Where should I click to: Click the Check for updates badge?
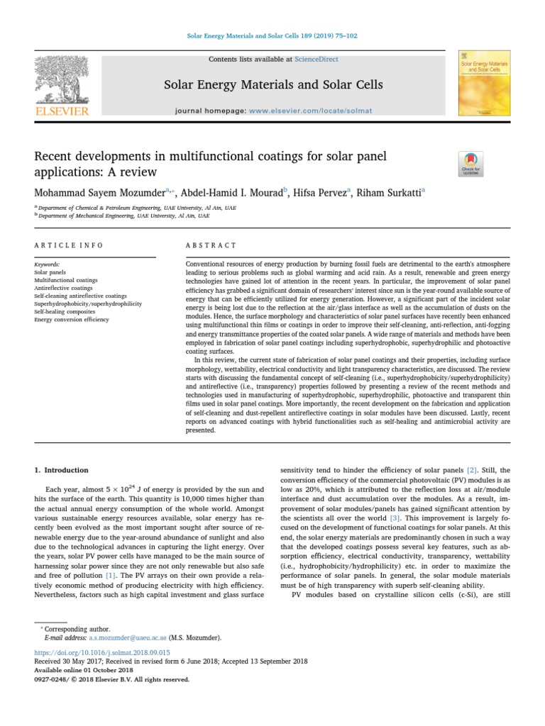(x=472, y=163)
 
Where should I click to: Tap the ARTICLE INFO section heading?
(x=69, y=245)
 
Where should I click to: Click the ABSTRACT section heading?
(x=211, y=245)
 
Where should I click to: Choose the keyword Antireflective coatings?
(x=63, y=288)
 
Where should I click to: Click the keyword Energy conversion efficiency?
(x=72, y=320)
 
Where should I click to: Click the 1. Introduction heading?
(x=62, y=470)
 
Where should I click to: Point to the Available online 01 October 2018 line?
(x=83, y=670)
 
